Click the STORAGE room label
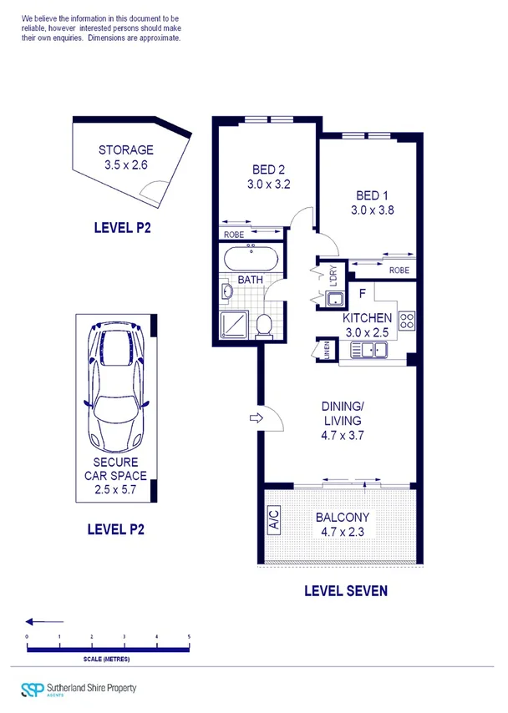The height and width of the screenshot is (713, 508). coord(126,150)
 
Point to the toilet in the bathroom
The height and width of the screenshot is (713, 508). coord(264,323)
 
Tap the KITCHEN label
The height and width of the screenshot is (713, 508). coord(367,318)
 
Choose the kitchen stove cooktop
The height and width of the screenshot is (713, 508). coord(407,321)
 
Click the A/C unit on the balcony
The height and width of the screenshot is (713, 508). coord(272,521)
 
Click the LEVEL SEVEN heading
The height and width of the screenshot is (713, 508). coord(346,591)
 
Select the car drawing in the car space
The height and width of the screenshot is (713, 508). coord(116,387)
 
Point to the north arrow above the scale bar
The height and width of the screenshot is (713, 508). coord(44,621)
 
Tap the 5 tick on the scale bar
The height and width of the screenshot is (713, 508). coord(189,638)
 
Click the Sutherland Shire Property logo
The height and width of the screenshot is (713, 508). coord(79,689)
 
